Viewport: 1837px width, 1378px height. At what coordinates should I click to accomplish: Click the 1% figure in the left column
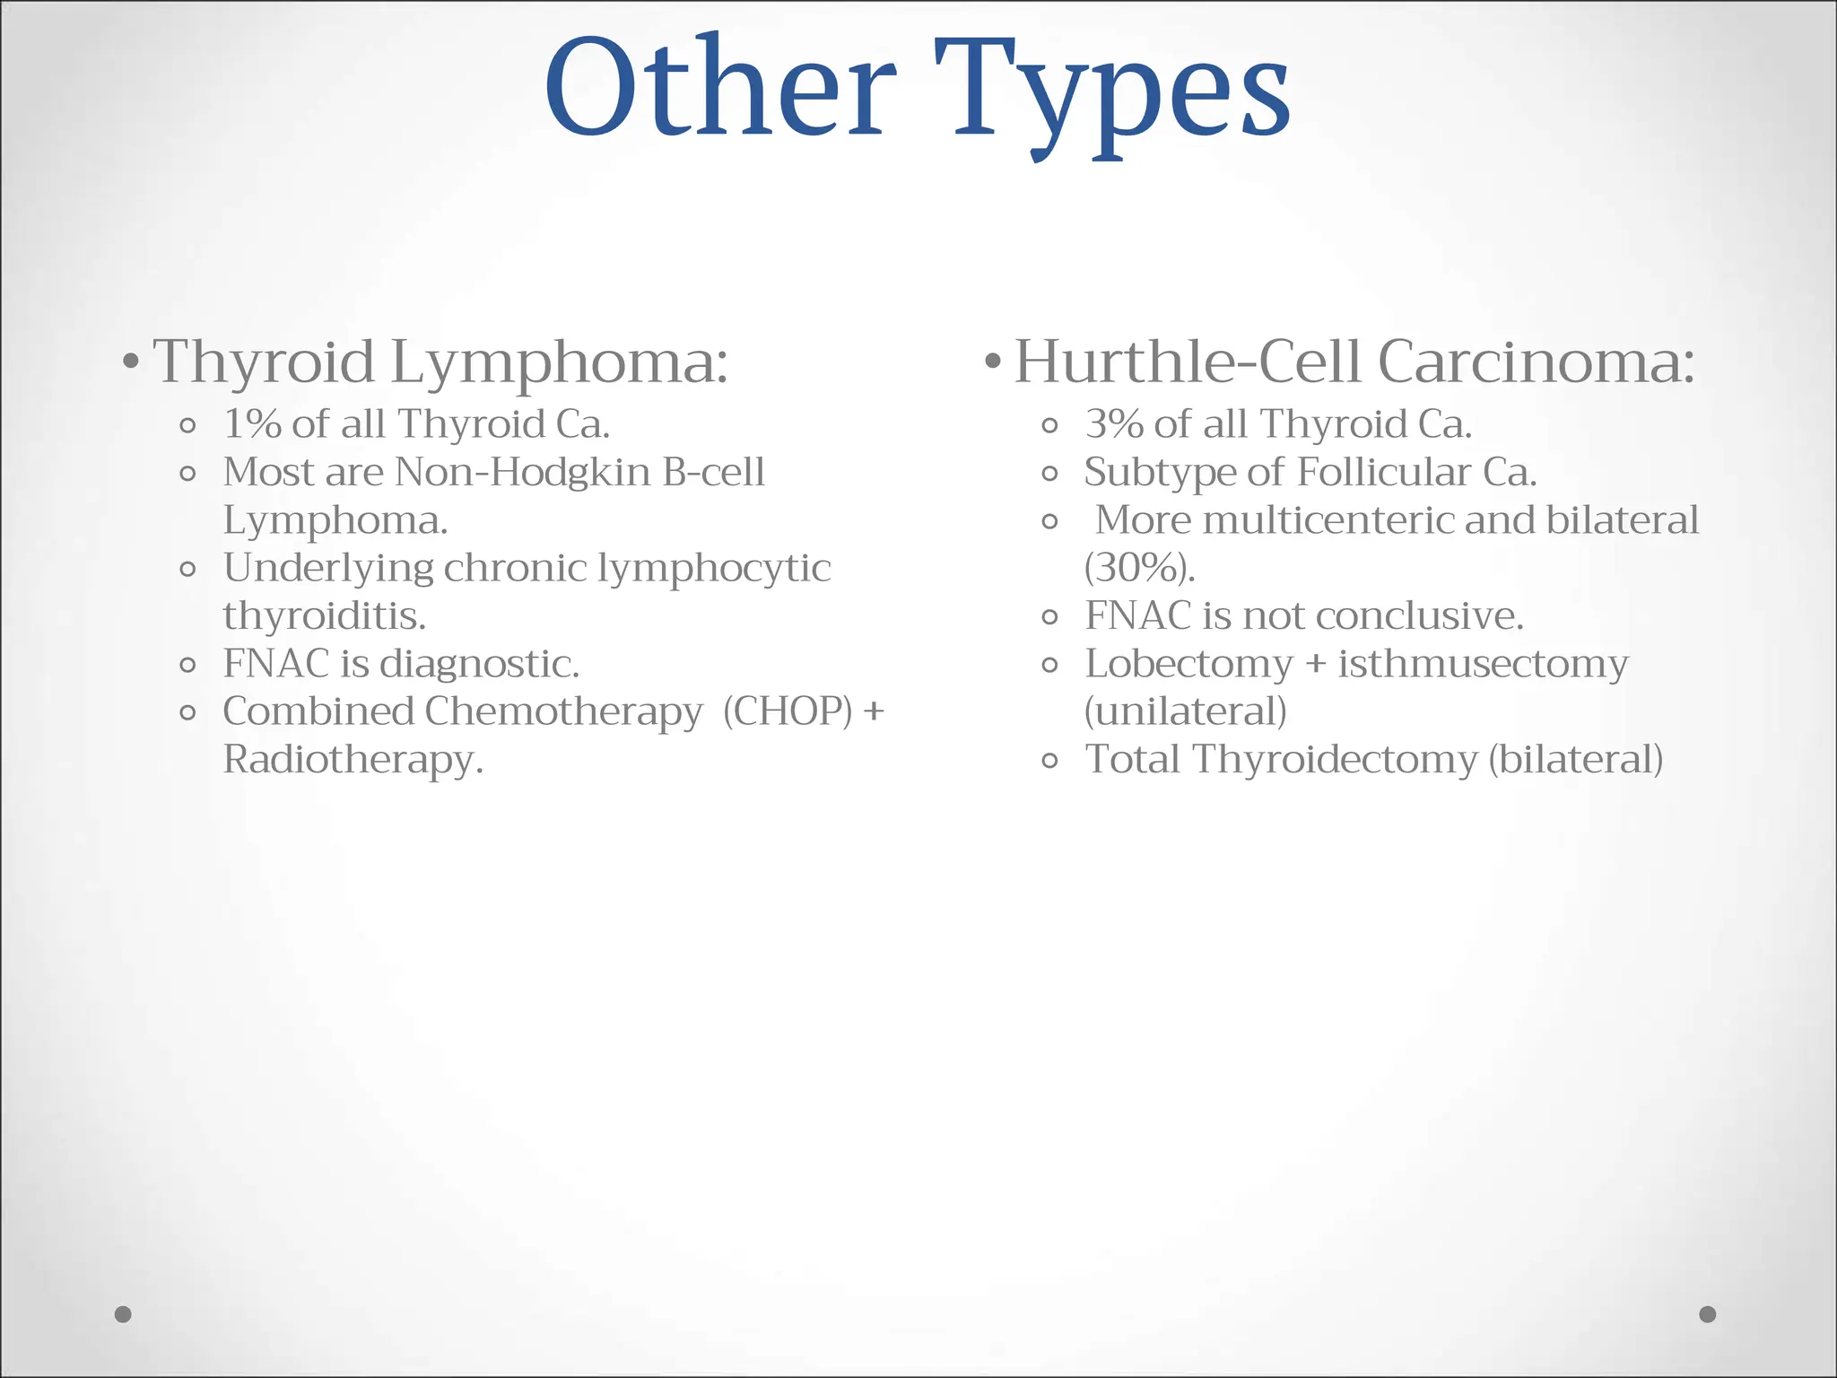pyautogui.click(x=252, y=424)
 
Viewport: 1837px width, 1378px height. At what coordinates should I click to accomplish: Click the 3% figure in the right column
pyautogui.click(x=1114, y=424)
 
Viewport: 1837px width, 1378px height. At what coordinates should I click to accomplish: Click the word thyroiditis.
pyautogui.click(x=324, y=616)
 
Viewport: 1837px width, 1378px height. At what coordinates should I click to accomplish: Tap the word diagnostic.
pyautogui.click(x=479, y=665)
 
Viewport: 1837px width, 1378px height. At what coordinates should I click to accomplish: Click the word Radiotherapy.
pyautogui.click(x=353, y=760)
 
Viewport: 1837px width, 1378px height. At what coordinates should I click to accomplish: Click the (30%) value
pyautogui.click(x=1139, y=569)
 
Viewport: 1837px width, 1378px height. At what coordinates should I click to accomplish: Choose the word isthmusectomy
pyautogui.click(x=1483, y=665)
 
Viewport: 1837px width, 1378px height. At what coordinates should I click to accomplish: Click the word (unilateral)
pyautogui.click(x=1185, y=712)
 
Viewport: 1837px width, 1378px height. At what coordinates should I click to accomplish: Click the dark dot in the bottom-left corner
pyautogui.click(x=124, y=1314)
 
